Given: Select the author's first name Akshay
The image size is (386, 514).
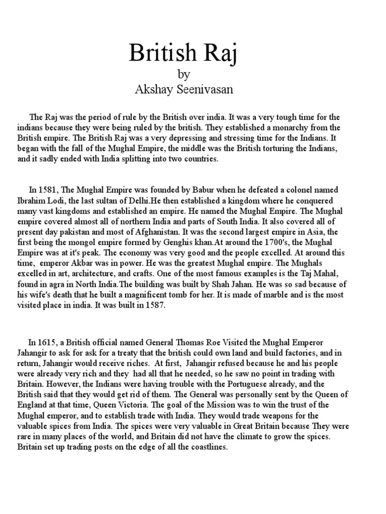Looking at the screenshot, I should [x=153, y=90].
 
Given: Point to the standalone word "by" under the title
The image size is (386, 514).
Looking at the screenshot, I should [x=184, y=75].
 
